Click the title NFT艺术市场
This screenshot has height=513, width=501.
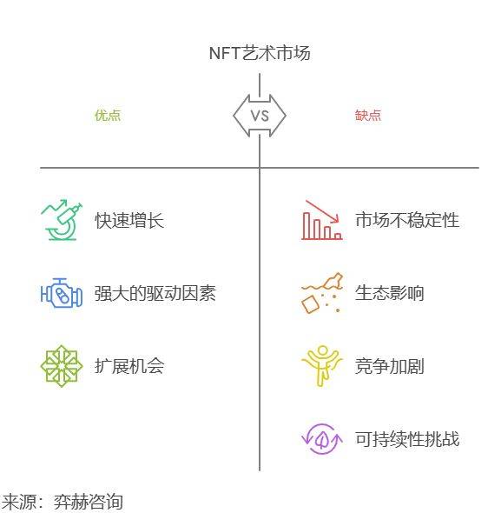coord(260,53)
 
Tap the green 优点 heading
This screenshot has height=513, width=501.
coord(108,115)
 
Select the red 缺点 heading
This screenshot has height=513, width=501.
coord(368,115)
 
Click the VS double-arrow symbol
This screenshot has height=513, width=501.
coord(260,116)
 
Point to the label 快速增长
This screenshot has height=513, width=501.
coord(129,220)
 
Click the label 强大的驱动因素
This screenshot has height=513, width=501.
coord(155,293)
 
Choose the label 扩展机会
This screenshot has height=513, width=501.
coord(129,366)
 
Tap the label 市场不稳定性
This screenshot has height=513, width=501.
coord(407,220)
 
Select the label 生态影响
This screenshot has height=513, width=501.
coord(390,293)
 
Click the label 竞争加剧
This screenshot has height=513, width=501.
coord(390,366)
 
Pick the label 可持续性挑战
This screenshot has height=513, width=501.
coord(407,439)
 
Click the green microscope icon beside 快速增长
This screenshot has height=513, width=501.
coord(62,220)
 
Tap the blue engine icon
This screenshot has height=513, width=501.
coord(62,293)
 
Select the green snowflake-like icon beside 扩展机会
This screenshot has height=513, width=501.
coord(62,366)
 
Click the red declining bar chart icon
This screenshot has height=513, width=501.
coord(322,220)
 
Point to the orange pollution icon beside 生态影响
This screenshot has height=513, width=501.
coord(322,293)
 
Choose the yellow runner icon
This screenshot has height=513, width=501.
coord(322,366)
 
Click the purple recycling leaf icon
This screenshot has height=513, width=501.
coord(322,439)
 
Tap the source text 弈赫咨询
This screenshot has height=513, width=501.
coord(89,502)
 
